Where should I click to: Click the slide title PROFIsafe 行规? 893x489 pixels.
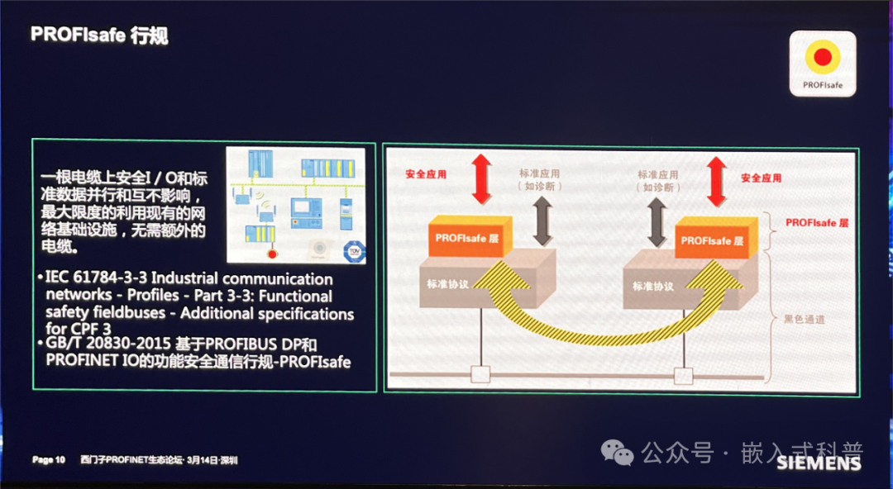point(100,35)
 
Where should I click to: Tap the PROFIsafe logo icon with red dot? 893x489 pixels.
point(822,61)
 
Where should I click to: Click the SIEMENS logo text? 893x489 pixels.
point(819,463)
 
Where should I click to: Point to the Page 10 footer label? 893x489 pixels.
point(49,460)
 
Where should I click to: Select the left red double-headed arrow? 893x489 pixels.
point(481,178)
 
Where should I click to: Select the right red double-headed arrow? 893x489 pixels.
point(716,180)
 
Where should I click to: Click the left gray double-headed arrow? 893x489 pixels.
point(542,221)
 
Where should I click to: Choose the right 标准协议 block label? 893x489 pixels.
point(653,287)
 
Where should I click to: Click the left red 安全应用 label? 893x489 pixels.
point(426,175)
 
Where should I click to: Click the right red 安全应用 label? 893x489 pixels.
point(761,178)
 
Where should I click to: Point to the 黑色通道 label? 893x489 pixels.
point(805,318)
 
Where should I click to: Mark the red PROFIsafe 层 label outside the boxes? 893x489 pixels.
point(817,222)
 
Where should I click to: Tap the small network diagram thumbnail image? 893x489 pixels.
point(295,205)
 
